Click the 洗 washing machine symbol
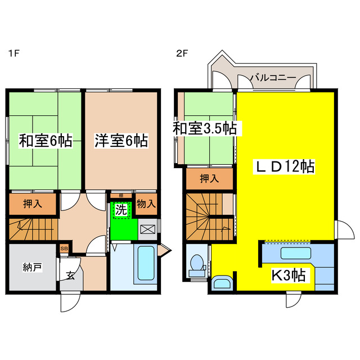pyautogui.click(x=120, y=210)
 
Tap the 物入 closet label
pyautogui.click(x=146, y=204)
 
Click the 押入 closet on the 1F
pyautogui.click(x=32, y=204)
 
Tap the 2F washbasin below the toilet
pyautogui.click(x=221, y=282)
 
